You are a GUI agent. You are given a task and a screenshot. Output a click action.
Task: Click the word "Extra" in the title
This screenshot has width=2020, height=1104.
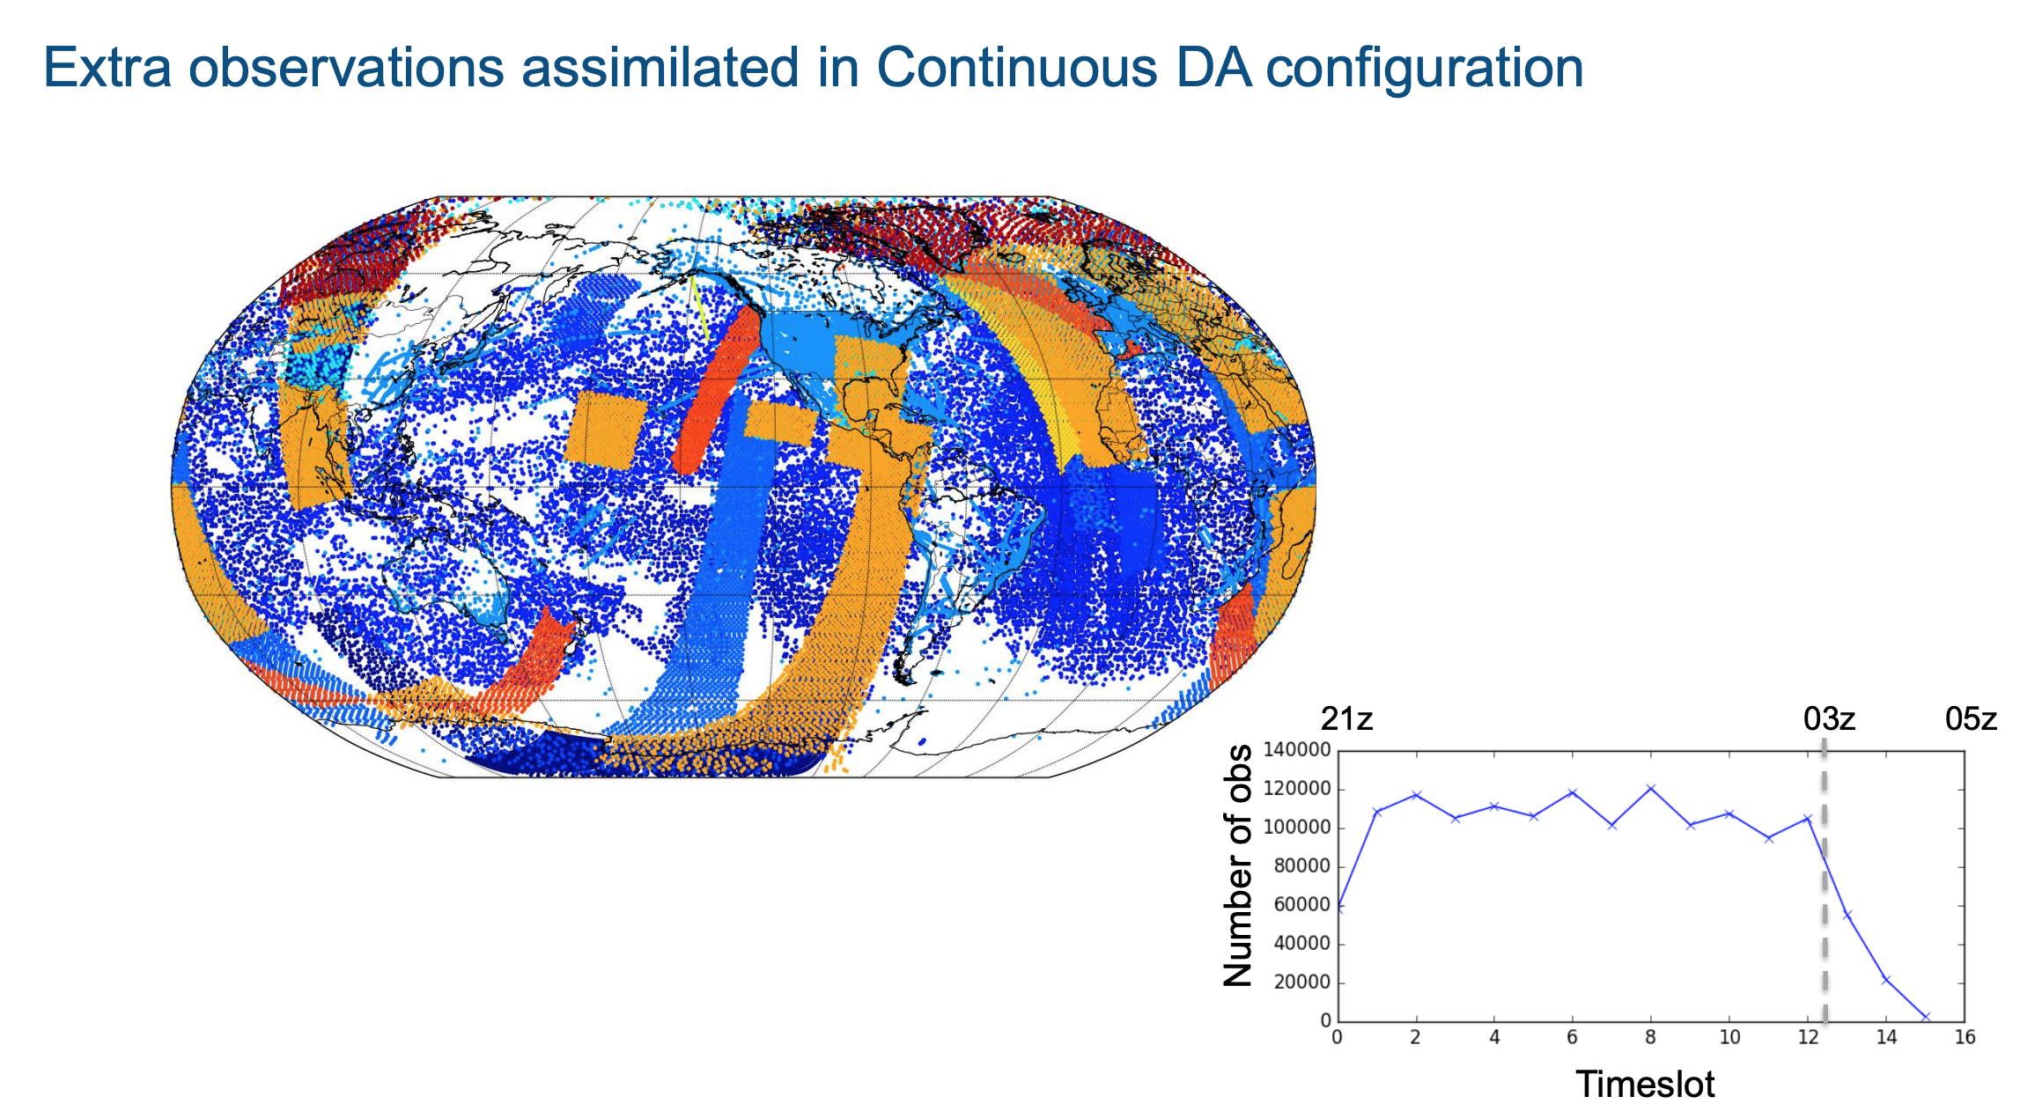(107, 68)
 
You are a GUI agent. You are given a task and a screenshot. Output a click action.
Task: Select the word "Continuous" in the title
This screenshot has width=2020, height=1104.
(1018, 68)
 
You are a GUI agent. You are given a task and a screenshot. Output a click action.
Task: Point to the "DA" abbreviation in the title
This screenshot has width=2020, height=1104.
(1213, 68)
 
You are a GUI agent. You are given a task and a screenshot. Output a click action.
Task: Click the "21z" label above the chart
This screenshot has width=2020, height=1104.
(1346, 719)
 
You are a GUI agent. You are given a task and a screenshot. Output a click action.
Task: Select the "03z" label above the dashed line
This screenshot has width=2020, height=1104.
(1830, 719)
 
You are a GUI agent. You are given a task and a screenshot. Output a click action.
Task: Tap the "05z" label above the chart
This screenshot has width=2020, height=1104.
(1972, 719)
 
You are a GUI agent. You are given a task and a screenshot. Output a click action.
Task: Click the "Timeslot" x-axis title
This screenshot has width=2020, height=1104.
(1645, 1084)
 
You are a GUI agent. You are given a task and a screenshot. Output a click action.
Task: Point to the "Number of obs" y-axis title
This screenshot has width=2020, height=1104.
(1238, 865)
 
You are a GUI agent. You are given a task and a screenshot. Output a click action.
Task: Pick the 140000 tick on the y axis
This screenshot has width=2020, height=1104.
(1297, 750)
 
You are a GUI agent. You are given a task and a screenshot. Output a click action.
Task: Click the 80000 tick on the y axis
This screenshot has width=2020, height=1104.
(1302, 866)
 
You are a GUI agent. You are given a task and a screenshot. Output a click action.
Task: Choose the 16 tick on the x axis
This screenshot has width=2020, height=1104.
(1965, 1038)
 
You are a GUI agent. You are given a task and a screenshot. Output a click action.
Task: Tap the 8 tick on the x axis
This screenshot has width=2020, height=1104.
(1651, 1038)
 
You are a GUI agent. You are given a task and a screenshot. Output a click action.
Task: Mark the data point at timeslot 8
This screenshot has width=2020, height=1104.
(1651, 788)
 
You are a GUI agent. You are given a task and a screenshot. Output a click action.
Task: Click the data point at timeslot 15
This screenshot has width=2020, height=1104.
(1926, 1017)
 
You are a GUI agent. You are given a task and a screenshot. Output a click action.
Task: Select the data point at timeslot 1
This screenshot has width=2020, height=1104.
(1377, 812)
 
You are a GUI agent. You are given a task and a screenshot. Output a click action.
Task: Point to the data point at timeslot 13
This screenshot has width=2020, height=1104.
(1847, 916)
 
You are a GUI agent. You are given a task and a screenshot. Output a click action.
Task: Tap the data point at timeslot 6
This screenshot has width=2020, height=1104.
(1573, 793)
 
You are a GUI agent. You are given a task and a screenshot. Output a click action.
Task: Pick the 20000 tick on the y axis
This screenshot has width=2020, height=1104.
(1302, 983)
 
